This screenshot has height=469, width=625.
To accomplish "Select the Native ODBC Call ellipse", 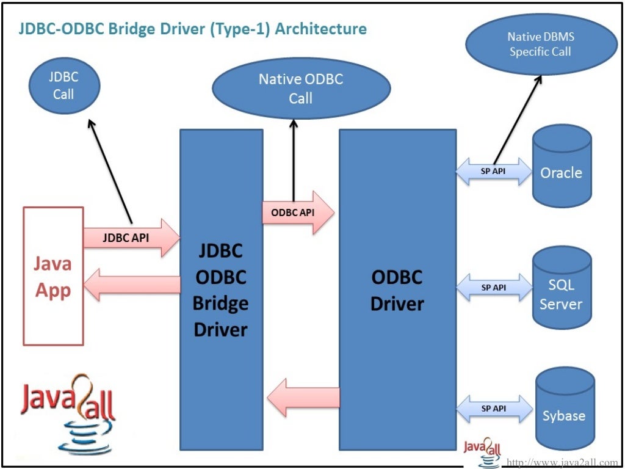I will pos(300,88).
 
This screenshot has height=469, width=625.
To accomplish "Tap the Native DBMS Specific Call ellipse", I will pos(540,45).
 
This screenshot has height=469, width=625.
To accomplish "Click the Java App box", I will pos(53,276).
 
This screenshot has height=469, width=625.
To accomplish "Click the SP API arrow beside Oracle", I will pos(494,172).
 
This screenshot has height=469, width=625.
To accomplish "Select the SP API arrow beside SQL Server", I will pos(494,287).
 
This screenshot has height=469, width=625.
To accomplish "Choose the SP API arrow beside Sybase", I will pos(494,409).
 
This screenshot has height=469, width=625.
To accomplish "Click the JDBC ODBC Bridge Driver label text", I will pos(220,290).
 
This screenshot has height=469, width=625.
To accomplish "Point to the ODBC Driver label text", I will pos(397,290).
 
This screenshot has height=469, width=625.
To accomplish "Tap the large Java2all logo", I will pos(68,409).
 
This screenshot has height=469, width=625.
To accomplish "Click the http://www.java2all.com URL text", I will pos(562,462).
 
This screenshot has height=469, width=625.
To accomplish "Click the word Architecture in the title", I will pos(320,29).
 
